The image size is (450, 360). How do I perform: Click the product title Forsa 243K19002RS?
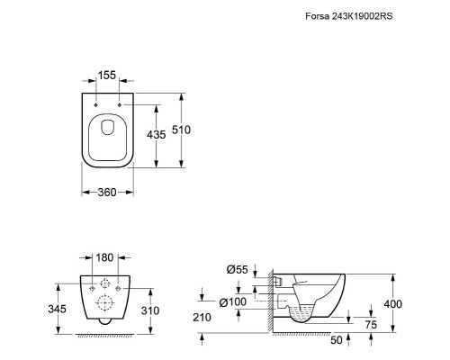pos(348,16)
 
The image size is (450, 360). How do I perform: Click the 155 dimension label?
pos(107,75)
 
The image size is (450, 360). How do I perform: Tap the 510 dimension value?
pos(181,130)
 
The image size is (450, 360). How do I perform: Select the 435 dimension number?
pos(156,135)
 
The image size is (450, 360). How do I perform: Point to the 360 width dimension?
pos(107,192)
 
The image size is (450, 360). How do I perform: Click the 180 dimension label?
pos(104,257)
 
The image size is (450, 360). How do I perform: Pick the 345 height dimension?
pos(57,309)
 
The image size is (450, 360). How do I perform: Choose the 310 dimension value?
pos(150,310)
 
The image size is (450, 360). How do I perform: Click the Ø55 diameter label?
pos(238,270)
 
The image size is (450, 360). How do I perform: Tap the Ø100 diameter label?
pos(233,302)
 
